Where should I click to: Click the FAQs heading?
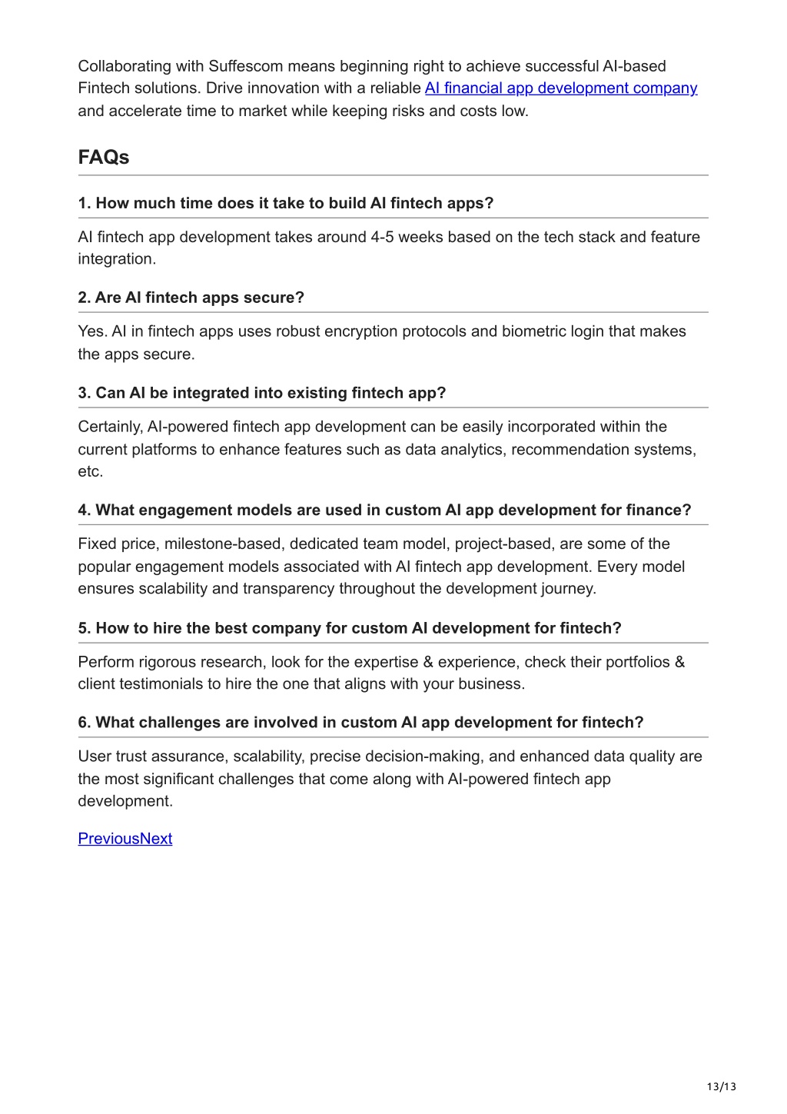point(103,158)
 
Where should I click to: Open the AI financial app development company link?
point(560,88)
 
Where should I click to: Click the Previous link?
point(108,839)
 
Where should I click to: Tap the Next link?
point(156,839)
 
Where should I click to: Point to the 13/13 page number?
point(721,1086)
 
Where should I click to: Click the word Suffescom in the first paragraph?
point(245,66)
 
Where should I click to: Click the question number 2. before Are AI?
point(85,298)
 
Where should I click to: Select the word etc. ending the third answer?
point(90,471)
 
